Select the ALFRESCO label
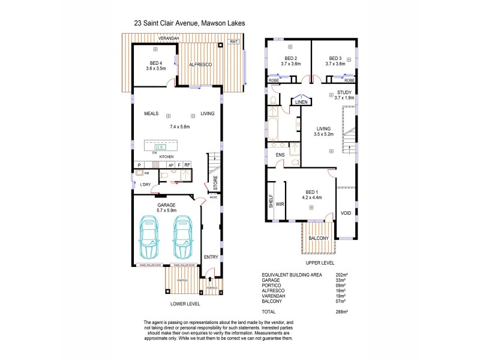click(199, 64)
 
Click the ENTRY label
click(211, 257)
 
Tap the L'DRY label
click(145, 184)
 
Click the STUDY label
click(344, 91)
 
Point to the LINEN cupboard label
click(301, 103)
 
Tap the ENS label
click(280, 155)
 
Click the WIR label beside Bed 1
click(280, 204)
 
